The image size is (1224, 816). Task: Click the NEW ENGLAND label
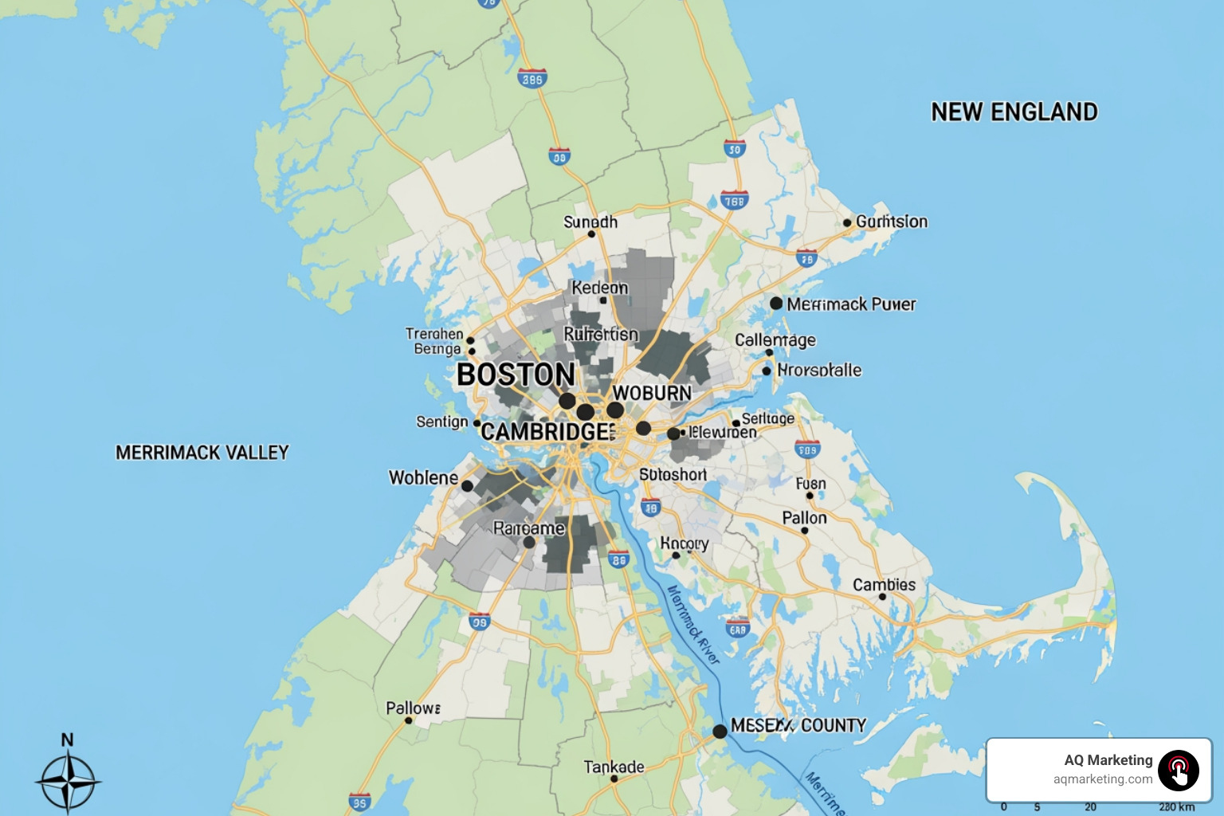coord(1014,112)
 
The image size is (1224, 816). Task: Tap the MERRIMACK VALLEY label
coord(202,453)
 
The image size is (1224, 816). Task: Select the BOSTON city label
coord(516,375)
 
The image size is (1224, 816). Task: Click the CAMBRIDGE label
coord(547,432)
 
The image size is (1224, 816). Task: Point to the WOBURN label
coord(652,393)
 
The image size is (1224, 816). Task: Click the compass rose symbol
coord(69,782)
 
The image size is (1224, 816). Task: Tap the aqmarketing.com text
coord(1102,779)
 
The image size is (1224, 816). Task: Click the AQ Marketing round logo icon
coord(1179,770)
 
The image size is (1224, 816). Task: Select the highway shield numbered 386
coord(532,79)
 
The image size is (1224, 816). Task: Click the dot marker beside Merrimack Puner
coord(776,304)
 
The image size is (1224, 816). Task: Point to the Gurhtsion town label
coord(891,222)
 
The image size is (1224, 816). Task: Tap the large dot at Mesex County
coord(720,731)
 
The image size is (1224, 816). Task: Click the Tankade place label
coord(614,767)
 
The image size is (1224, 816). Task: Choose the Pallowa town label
coord(413,708)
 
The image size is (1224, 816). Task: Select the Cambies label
coord(884,585)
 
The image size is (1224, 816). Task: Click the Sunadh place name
coord(590,222)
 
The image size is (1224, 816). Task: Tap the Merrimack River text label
coord(692,625)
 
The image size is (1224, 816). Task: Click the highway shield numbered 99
coord(479,622)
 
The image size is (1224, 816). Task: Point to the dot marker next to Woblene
coord(468,485)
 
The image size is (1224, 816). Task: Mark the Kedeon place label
coord(599,288)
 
